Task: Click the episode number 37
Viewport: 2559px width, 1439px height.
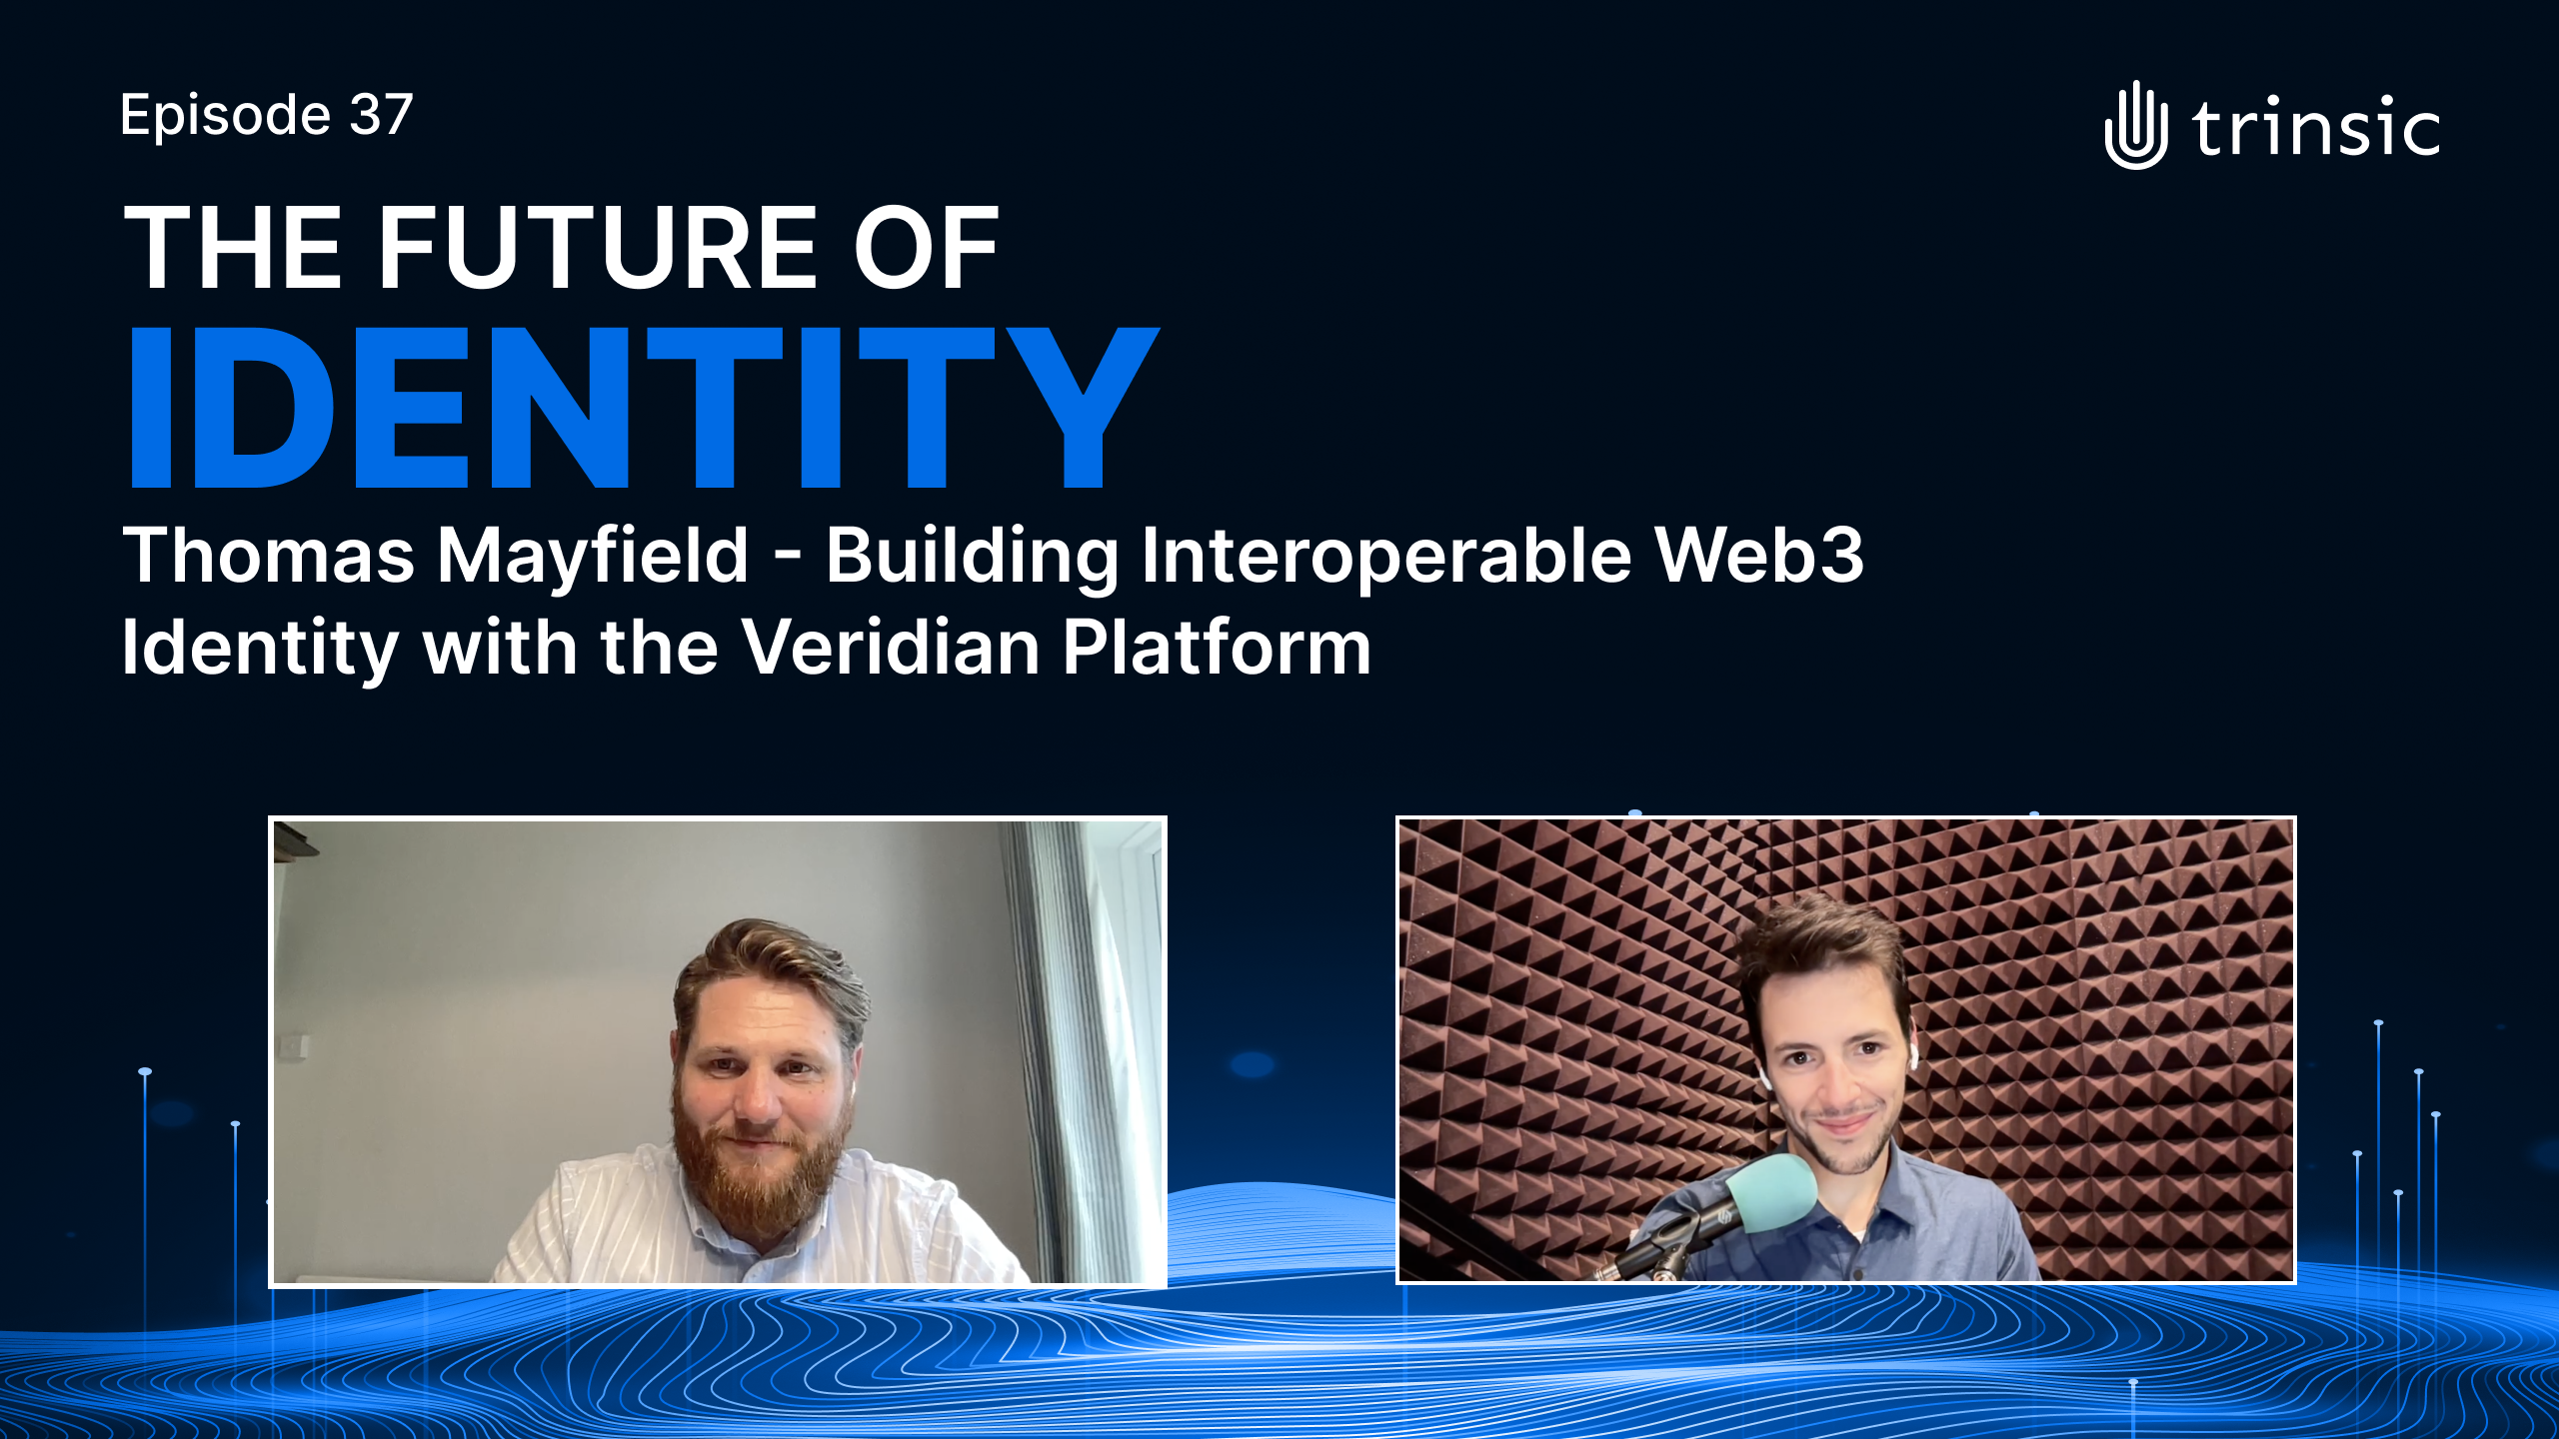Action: (x=381, y=115)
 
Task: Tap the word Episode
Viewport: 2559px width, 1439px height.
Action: (x=225, y=118)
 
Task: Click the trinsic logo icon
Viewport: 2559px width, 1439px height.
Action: (x=2136, y=126)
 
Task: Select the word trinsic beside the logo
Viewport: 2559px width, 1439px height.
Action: (x=2316, y=129)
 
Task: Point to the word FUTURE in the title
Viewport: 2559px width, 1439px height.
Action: (x=597, y=248)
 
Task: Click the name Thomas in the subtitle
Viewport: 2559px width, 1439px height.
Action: (x=268, y=555)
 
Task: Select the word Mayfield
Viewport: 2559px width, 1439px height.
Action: (x=593, y=558)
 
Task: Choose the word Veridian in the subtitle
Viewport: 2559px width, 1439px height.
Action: (x=891, y=648)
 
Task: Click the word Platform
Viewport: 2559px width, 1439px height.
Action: (x=1216, y=648)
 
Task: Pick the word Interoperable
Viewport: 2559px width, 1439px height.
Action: (x=1386, y=558)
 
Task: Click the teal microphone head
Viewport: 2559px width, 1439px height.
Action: (x=1771, y=1193)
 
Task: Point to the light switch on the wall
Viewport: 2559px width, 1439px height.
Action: (x=295, y=1044)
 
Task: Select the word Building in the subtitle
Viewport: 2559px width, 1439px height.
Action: (x=972, y=558)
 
